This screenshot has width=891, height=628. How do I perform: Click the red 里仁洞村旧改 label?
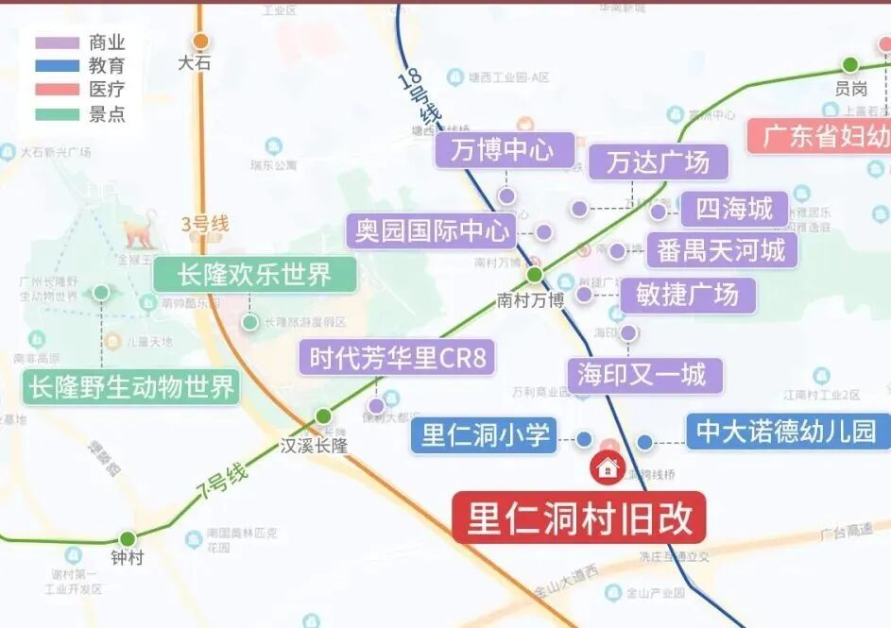point(578,518)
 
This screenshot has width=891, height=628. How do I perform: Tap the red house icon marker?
point(606,466)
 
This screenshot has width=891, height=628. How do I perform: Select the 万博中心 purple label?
point(505,150)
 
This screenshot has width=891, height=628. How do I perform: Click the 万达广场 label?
point(659,162)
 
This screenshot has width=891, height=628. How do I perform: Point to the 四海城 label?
point(734,209)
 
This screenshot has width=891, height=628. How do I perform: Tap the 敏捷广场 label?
point(688,295)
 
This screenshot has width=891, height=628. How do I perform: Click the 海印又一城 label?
point(643,375)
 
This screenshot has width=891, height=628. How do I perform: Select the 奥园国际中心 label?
point(431,230)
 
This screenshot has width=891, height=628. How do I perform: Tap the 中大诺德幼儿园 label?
point(786,432)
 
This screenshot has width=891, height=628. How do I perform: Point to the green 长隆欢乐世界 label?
point(255,275)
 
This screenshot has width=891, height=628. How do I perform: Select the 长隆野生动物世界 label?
point(131,386)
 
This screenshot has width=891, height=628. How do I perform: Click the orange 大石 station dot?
point(200,42)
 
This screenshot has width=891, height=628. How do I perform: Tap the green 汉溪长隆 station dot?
point(323,416)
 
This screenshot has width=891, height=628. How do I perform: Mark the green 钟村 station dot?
point(128,539)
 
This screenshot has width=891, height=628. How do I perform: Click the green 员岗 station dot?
point(849,65)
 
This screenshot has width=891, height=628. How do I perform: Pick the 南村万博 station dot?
point(534,275)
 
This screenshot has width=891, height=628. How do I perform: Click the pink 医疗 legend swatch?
point(57,90)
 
